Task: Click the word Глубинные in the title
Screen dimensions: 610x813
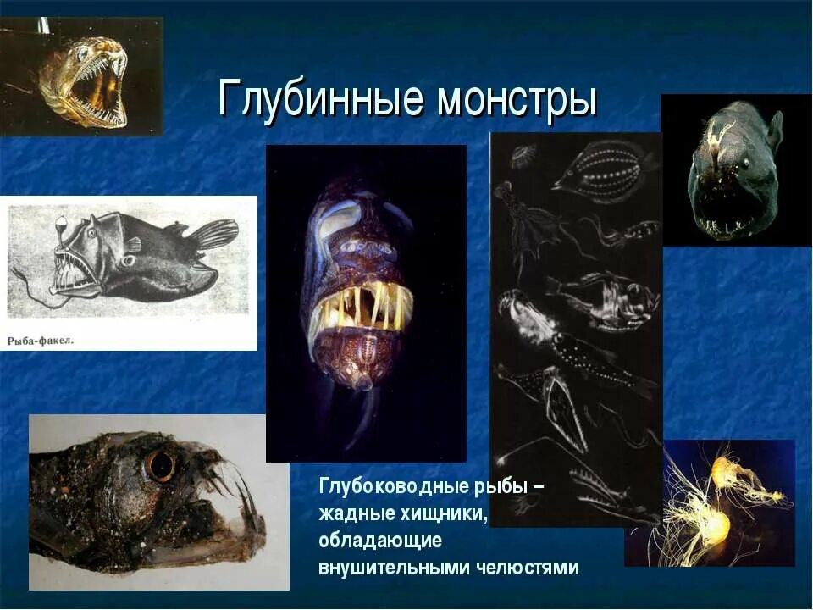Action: (x=320, y=99)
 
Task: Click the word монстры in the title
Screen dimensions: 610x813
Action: (x=517, y=99)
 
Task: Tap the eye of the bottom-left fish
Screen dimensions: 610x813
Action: (x=159, y=464)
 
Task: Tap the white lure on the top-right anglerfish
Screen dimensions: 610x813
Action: (x=722, y=131)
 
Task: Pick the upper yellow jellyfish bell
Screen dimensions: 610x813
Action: (x=724, y=470)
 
